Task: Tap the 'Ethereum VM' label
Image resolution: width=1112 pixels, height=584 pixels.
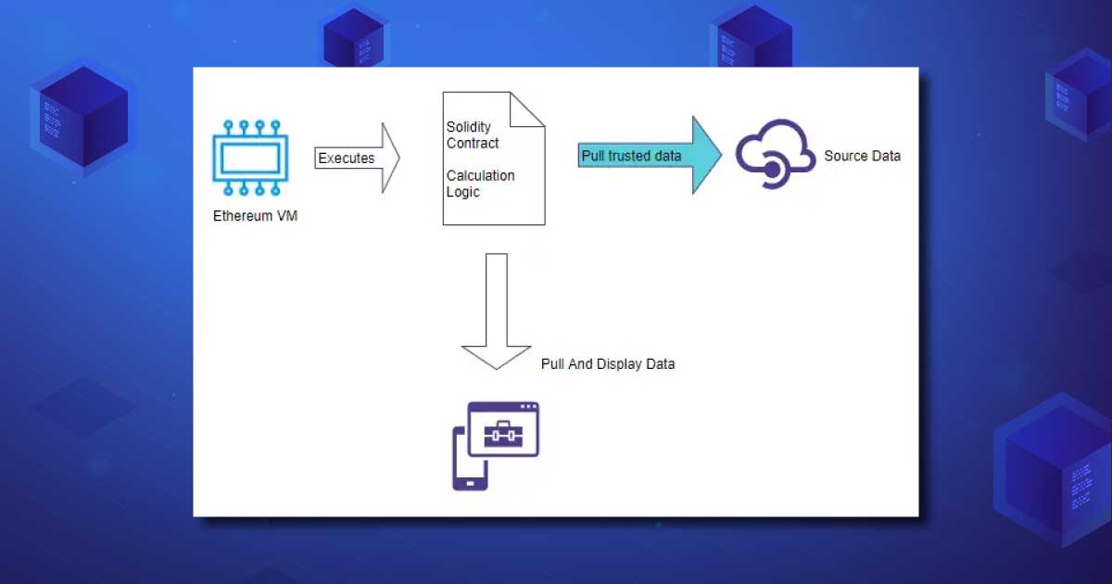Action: (x=256, y=218)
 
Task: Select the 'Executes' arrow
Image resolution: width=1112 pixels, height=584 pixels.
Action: (x=357, y=158)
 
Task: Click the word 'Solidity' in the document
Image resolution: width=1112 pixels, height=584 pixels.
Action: (x=469, y=127)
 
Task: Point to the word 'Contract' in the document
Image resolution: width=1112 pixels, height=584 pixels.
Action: (x=473, y=144)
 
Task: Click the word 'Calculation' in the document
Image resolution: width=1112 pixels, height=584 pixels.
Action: (x=480, y=175)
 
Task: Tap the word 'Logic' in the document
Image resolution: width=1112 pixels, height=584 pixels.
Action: (x=462, y=192)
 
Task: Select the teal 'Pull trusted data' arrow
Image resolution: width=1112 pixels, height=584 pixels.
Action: (x=649, y=155)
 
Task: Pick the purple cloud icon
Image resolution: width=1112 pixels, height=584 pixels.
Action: (x=775, y=153)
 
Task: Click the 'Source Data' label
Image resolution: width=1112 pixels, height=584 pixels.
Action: (x=862, y=156)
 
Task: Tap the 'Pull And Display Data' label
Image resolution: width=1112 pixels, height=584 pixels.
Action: (x=608, y=364)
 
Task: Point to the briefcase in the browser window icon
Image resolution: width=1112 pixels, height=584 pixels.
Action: (x=504, y=434)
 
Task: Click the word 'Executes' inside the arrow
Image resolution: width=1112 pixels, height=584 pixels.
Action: (x=347, y=159)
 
